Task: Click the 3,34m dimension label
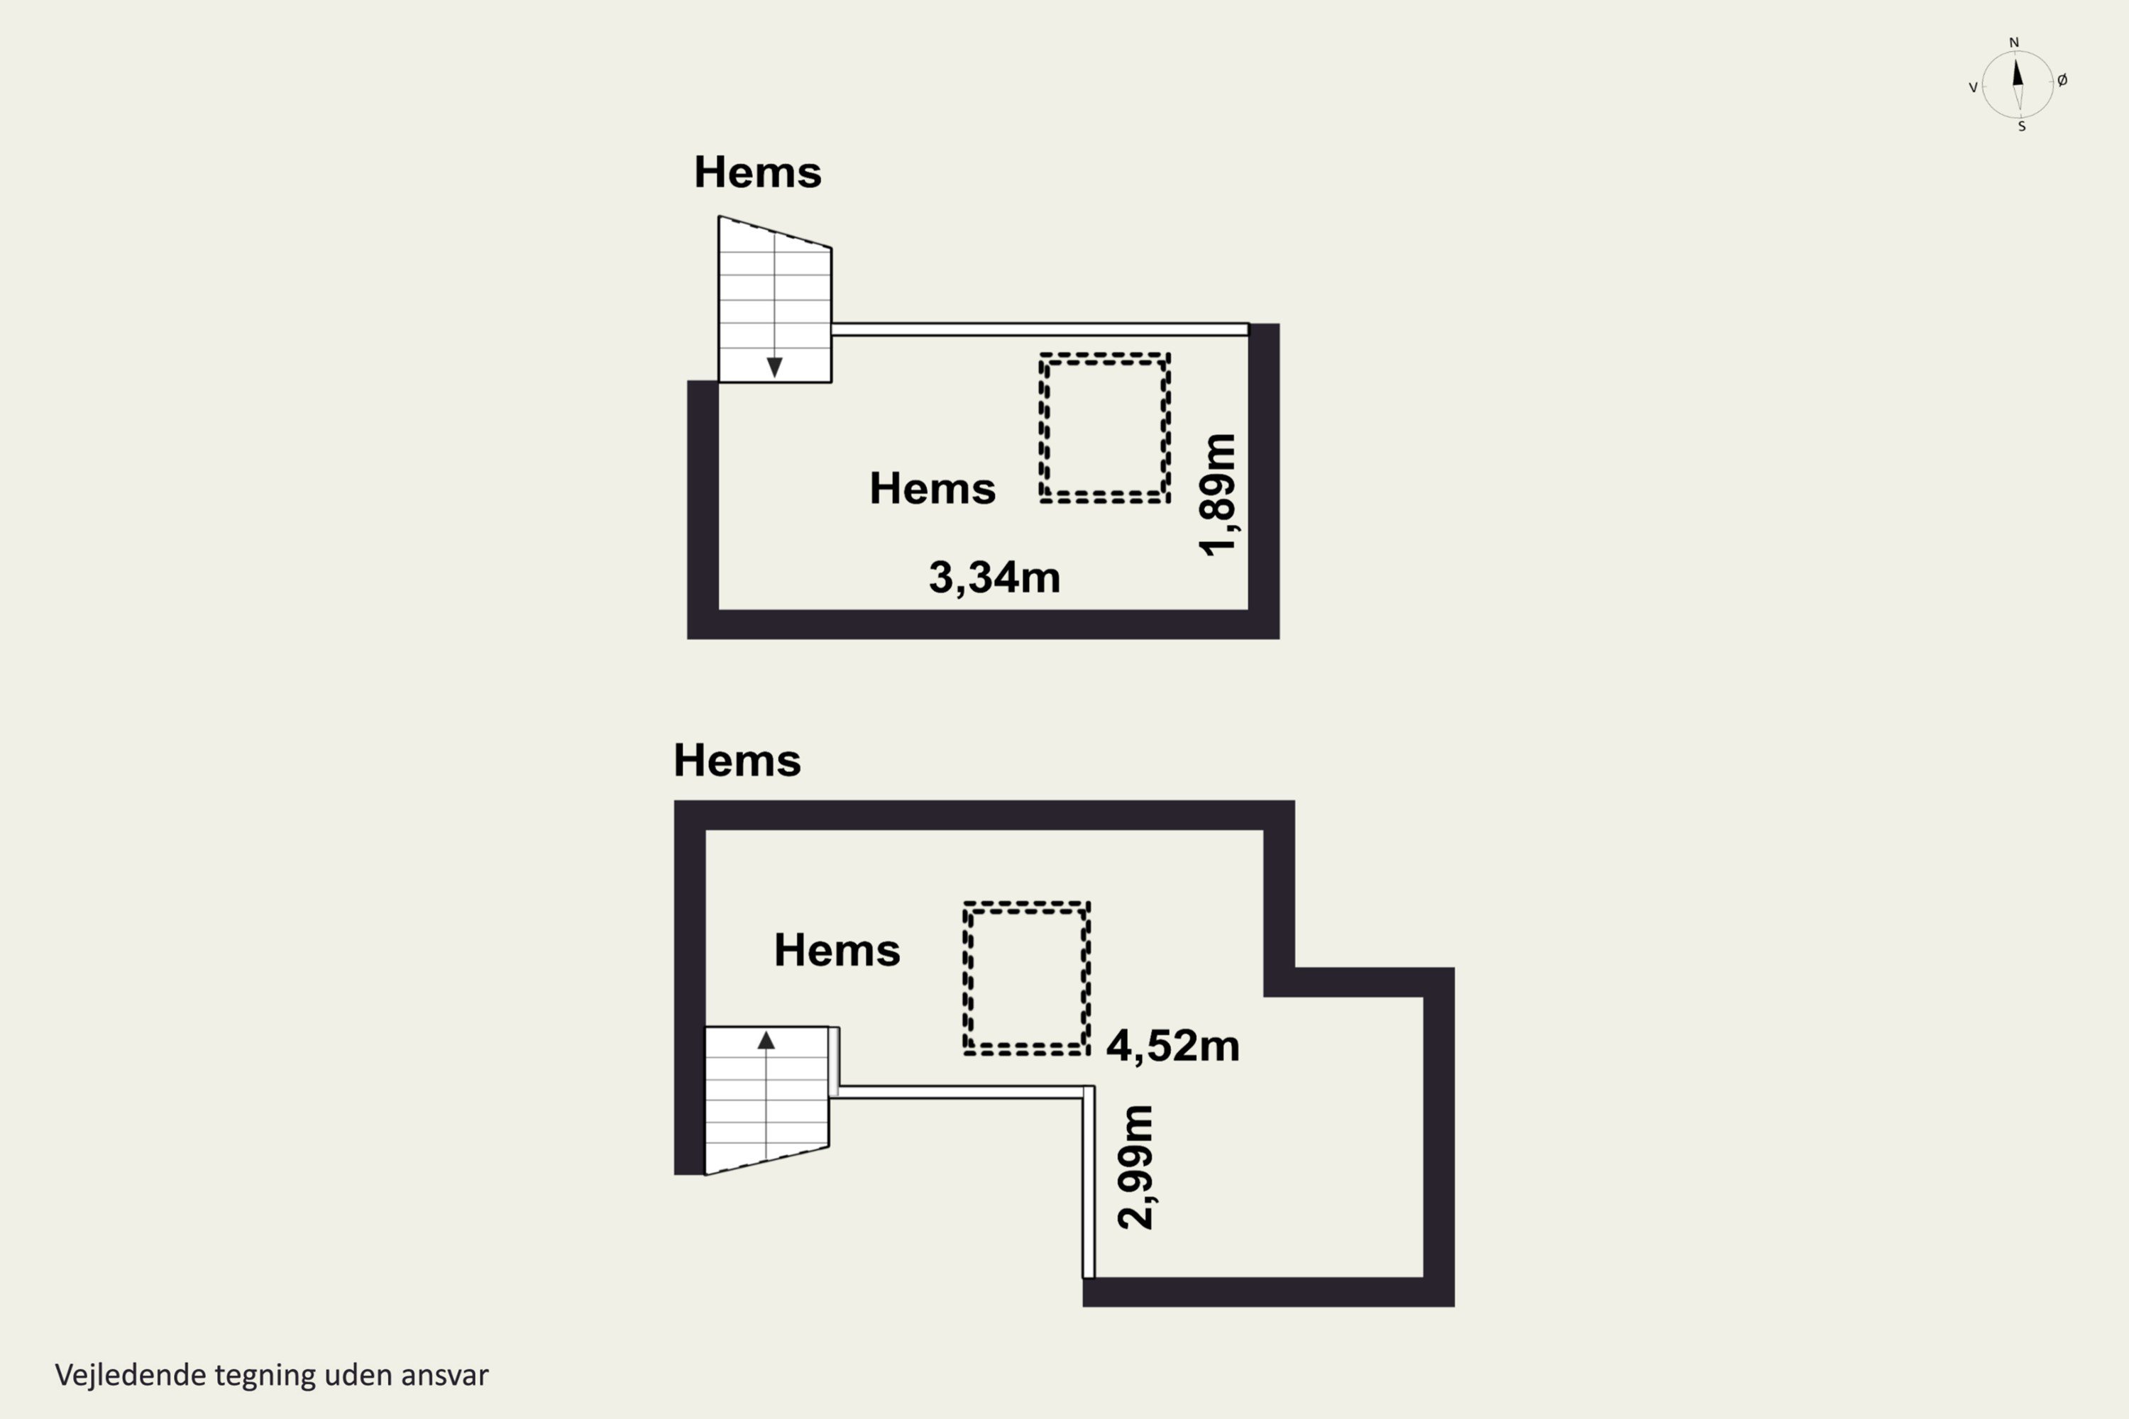coord(994,578)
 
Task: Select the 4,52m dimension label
coord(1172,1045)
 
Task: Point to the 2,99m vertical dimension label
coord(1136,1166)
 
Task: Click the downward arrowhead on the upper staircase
coord(774,367)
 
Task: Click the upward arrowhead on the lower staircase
coord(766,1040)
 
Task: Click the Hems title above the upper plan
coord(758,172)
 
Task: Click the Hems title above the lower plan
coord(737,760)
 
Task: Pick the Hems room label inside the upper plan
coord(933,489)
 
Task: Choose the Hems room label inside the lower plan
coord(837,950)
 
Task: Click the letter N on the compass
coord(2014,43)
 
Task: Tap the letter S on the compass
coord(2021,127)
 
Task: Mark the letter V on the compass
coord(1974,88)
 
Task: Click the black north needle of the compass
coord(2017,72)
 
